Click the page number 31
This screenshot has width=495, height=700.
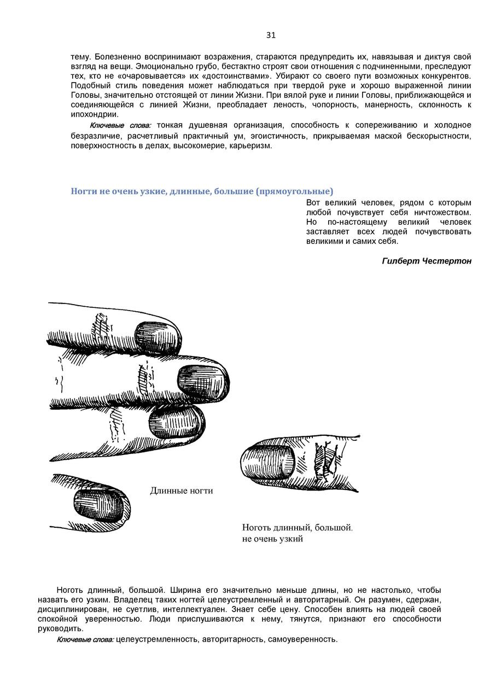(271, 36)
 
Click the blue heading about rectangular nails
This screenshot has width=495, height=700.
(202, 191)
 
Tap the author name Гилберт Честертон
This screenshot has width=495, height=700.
(426, 261)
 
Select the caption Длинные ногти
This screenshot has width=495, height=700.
(181, 491)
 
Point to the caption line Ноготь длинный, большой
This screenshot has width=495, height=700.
(297, 528)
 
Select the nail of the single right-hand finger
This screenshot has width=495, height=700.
(267, 460)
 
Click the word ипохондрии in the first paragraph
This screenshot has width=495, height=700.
(94, 114)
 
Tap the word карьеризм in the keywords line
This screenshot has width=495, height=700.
(251, 146)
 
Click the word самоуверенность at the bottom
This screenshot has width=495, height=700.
(302, 639)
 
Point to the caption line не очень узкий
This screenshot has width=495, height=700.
(272, 539)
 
